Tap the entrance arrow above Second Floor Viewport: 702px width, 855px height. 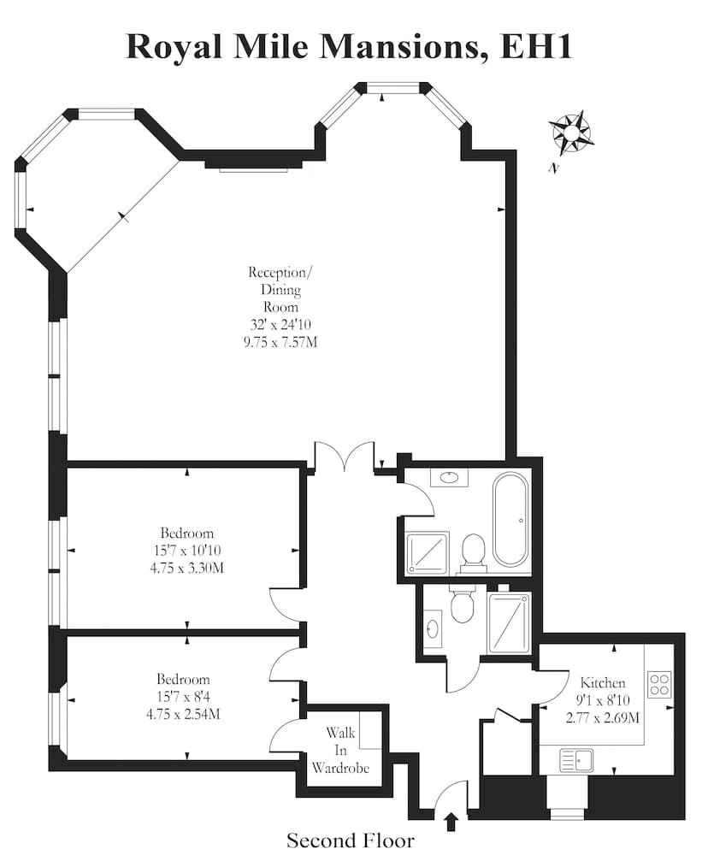(451, 821)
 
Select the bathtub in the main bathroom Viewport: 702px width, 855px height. (510, 519)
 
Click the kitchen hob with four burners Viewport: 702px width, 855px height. (659, 685)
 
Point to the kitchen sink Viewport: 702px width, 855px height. (576, 760)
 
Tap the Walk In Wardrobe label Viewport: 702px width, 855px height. (340, 750)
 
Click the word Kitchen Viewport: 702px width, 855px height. (603, 682)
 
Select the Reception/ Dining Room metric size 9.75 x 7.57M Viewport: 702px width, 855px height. (280, 343)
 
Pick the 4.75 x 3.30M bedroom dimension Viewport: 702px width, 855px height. (186, 569)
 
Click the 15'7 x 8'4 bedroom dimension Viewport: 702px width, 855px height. (183, 696)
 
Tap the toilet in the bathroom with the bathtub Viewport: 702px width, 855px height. (473, 551)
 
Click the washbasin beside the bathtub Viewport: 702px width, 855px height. (449, 478)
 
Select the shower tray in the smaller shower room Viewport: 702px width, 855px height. (509, 622)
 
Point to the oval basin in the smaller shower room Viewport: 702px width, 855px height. (433, 628)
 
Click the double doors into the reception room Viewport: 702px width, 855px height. (345, 457)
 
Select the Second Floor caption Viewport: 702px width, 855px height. (351, 840)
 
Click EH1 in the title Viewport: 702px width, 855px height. (535, 46)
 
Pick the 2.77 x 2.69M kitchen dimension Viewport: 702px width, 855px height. (603, 717)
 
